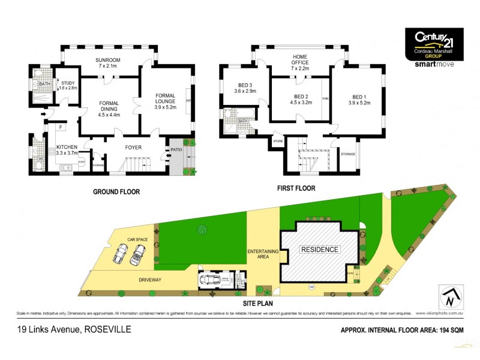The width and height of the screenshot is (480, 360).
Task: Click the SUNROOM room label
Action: pos(108,59)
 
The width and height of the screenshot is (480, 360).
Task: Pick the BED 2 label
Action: pos(301,97)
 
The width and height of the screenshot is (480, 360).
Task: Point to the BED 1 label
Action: pos(359,97)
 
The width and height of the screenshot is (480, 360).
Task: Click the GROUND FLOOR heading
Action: pos(116,192)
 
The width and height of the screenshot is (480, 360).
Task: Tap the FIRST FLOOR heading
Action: pos(296,188)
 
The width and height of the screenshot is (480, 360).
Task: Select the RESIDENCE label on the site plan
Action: pos(320,249)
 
